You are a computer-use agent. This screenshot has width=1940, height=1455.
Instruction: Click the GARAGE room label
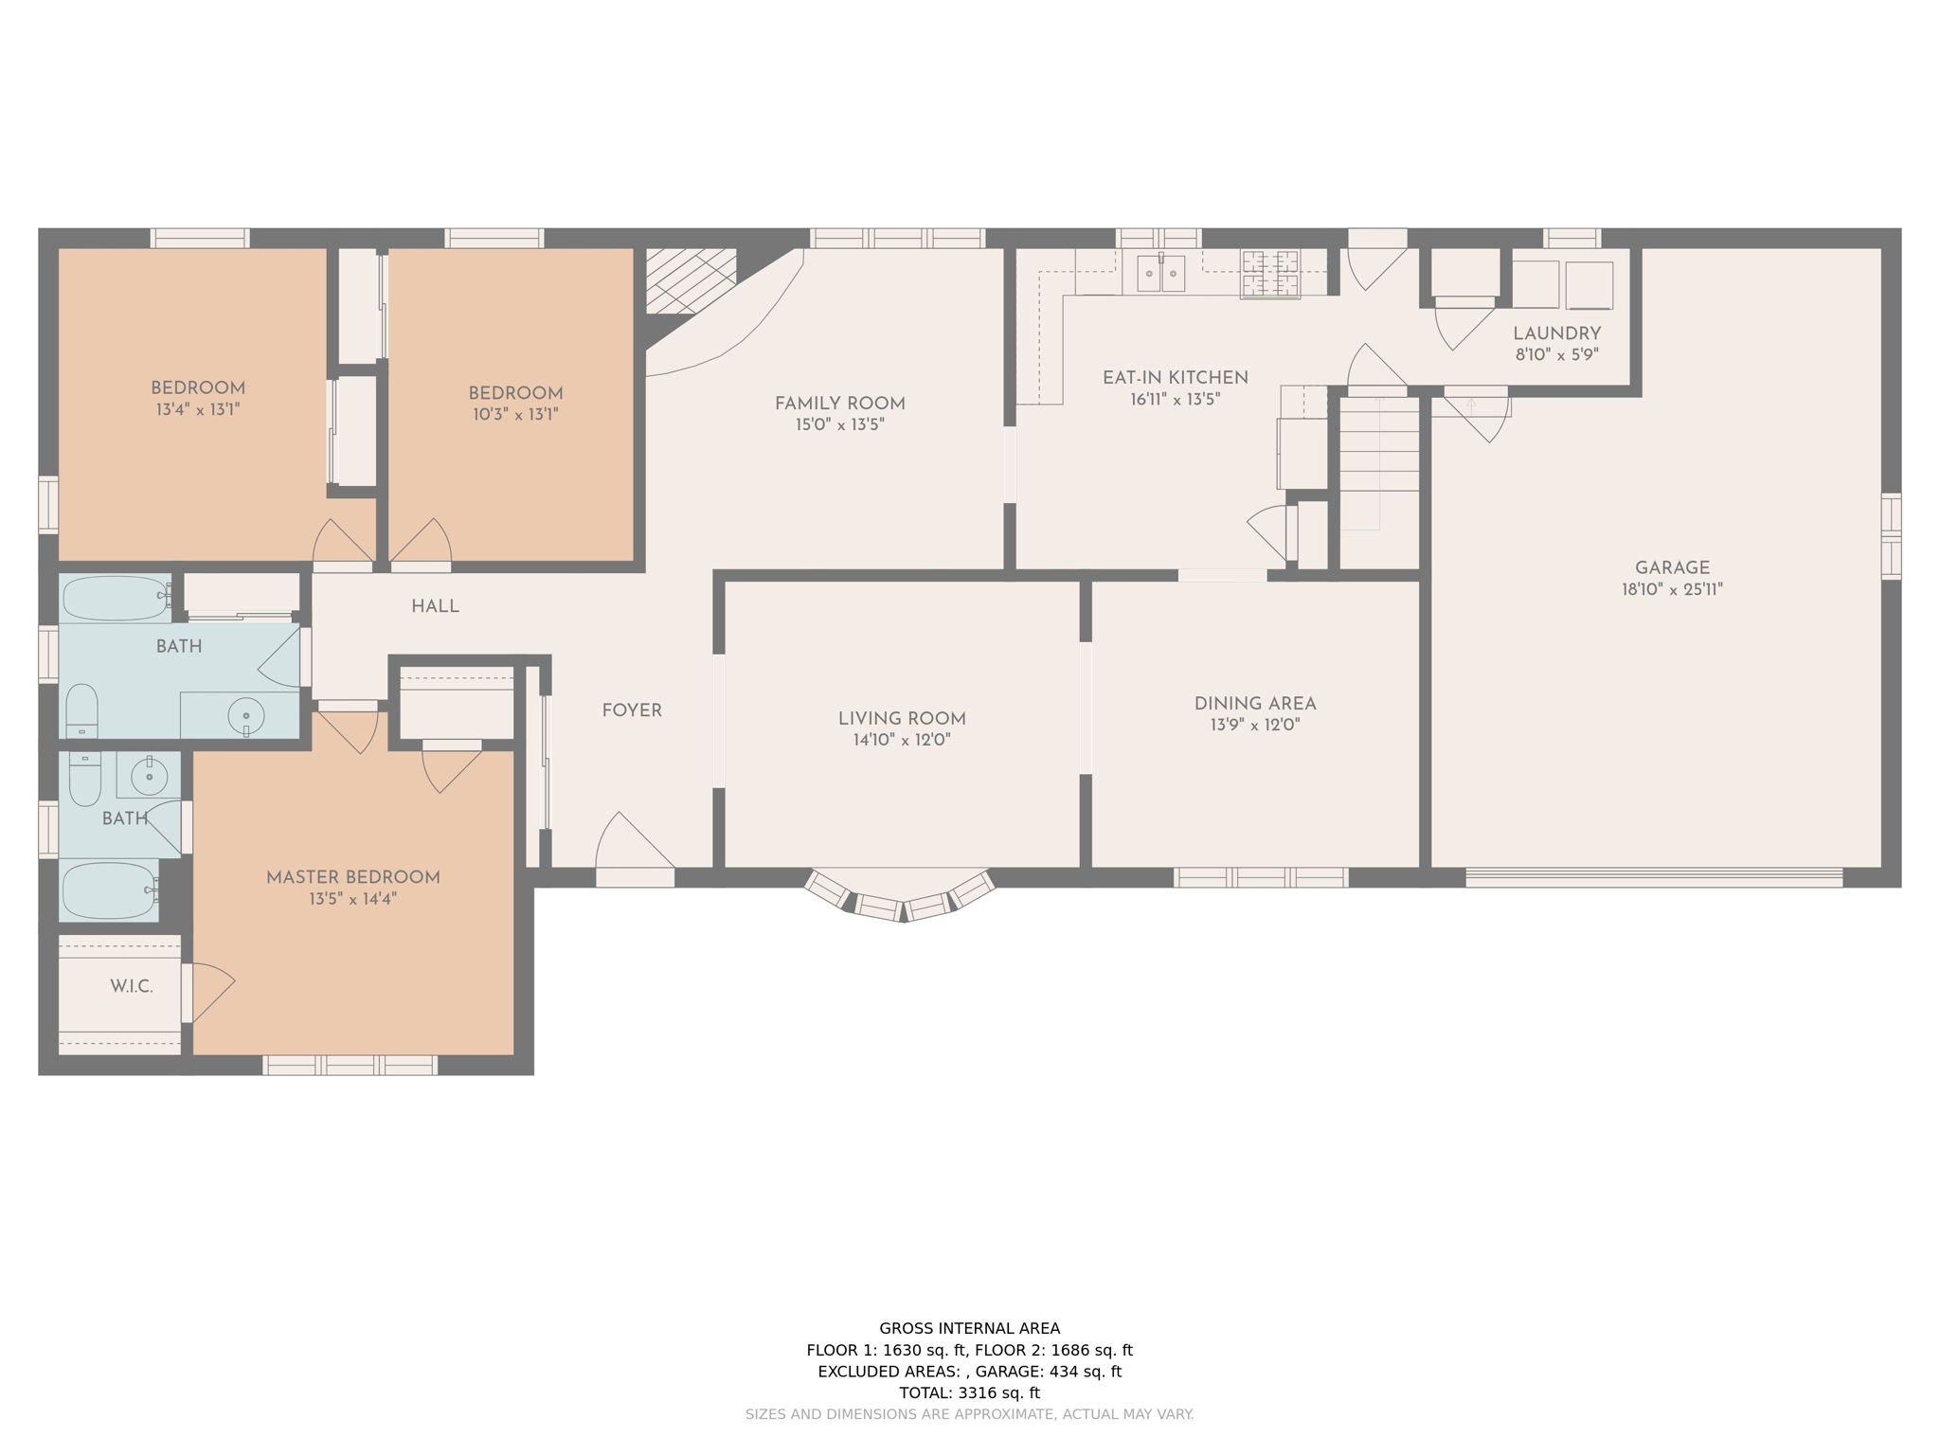[1672, 567]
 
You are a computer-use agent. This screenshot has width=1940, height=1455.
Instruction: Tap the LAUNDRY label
[1556, 333]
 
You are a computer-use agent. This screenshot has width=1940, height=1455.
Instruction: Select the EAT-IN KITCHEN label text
[1175, 377]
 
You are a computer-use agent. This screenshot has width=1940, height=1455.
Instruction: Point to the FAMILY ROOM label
[839, 404]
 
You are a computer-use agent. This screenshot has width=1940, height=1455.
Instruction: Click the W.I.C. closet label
[131, 986]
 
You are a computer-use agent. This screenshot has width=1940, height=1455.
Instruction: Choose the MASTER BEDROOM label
[352, 877]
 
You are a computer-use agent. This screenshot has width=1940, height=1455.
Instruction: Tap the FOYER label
[632, 710]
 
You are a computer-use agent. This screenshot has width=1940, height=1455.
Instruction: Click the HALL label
[435, 606]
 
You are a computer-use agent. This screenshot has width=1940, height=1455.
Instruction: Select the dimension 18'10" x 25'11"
[1672, 589]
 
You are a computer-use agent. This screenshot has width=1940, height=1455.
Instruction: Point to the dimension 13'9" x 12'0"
[1254, 725]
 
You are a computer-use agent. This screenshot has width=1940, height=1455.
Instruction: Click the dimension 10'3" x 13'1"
[514, 414]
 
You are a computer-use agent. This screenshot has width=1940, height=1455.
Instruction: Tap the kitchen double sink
[1160, 275]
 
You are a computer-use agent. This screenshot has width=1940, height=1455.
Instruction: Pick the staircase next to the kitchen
[1378, 464]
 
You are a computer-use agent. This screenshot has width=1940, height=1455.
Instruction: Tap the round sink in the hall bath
[246, 716]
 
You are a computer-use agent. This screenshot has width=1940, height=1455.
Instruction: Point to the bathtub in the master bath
[109, 889]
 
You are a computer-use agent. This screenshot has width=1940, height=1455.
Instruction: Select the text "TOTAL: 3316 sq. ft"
[969, 1392]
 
